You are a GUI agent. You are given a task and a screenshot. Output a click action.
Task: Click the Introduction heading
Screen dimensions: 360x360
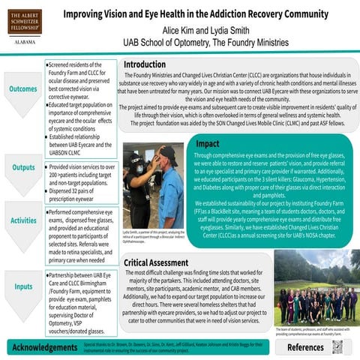(x=149, y=65)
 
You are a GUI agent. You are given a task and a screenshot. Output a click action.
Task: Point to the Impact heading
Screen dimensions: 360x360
(x=208, y=143)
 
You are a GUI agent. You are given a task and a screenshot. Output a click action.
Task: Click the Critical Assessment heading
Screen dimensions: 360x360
(x=166, y=262)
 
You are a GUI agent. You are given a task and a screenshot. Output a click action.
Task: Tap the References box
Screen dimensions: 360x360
(x=304, y=348)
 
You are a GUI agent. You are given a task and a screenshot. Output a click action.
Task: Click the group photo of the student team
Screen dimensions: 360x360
(x=314, y=288)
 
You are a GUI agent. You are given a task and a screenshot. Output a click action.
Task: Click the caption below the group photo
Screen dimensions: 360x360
(x=314, y=331)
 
